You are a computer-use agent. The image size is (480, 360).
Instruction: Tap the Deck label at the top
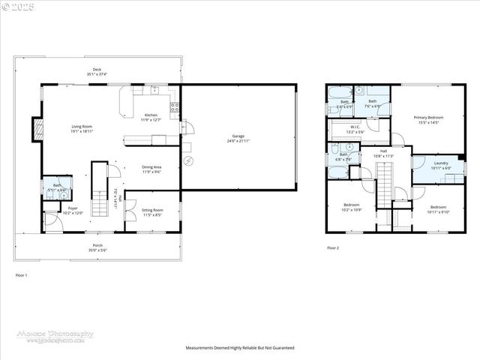pos(97,72)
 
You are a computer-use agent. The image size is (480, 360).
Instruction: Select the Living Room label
pos(82,128)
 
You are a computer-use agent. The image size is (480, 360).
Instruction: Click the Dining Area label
pos(152,169)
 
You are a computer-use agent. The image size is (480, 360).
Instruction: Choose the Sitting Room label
pos(152,213)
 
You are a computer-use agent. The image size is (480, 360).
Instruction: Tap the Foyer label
pos(73,211)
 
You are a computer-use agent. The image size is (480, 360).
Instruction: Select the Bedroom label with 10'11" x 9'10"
pos(438,209)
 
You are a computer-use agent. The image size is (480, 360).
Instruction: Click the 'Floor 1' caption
pos(22,276)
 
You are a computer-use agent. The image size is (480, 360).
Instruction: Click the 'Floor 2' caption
pos(333,247)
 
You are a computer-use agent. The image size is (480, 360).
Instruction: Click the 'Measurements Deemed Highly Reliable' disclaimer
pos(240,348)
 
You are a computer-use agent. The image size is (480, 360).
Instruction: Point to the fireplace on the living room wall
pos(36,129)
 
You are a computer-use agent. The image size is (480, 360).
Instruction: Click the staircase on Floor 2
pos(384,185)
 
